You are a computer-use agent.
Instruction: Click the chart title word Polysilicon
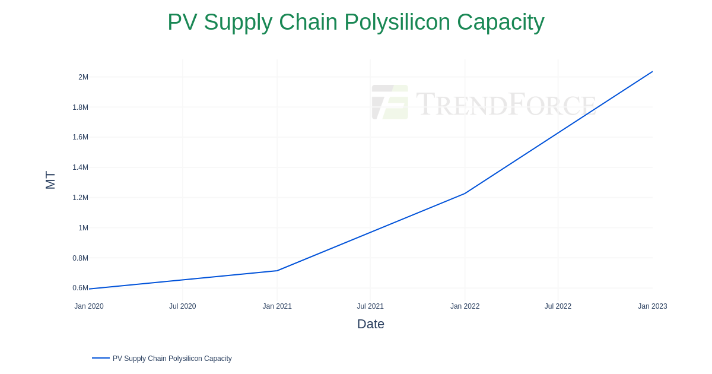(x=397, y=23)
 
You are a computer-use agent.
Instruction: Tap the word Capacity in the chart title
(x=501, y=23)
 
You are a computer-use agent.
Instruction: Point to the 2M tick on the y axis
(x=83, y=77)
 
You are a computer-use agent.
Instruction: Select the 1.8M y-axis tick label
(x=80, y=107)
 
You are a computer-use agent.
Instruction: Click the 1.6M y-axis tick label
(x=80, y=137)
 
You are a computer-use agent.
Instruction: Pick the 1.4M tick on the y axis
(x=80, y=167)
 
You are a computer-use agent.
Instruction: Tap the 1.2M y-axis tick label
(x=80, y=198)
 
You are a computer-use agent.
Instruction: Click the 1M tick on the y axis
(x=83, y=228)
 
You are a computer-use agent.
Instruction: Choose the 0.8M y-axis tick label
(x=80, y=258)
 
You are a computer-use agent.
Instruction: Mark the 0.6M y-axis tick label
(x=80, y=288)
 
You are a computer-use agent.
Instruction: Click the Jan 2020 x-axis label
(x=89, y=306)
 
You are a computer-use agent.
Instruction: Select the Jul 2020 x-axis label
(x=182, y=306)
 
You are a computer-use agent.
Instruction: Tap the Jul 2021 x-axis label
(x=370, y=306)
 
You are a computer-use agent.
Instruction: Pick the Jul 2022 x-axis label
(x=558, y=306)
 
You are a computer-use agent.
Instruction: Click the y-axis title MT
(x=50, y=180)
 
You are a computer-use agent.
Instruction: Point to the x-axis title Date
(x=371, y=324)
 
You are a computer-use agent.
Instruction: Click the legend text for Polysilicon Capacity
(x=172, y=359)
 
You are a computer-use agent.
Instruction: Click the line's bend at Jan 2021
(x=277, y=271)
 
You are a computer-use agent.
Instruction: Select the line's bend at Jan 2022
(x=465, y=194)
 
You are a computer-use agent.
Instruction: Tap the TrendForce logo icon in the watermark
(x=390, y=102)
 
